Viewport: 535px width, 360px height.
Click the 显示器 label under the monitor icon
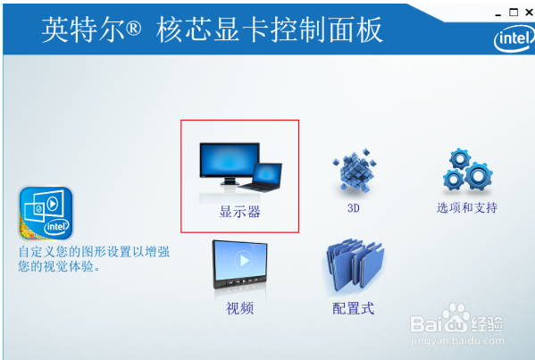[240, 212]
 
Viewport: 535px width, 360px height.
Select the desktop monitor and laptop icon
[240, 168]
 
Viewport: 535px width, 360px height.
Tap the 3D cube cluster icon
[355, 170]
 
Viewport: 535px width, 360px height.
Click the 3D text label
[354, 208]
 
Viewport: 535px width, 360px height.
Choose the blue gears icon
[467, 169]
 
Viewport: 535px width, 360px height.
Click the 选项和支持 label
[467, 207]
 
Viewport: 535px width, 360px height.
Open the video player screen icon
[240, 264]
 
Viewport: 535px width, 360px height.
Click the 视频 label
[240, 308]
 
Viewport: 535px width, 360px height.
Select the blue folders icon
[354, 265]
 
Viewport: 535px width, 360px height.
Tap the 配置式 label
[354, 308]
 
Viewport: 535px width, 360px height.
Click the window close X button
[530, 13]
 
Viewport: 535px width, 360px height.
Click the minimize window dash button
[498, 15]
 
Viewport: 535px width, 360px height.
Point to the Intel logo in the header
[514, 38]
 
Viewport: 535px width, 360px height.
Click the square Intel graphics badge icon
[46, 213]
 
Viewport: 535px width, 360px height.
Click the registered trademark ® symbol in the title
[133, 29]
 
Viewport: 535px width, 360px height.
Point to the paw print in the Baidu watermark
[456, 316]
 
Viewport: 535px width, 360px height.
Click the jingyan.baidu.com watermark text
[457, 340]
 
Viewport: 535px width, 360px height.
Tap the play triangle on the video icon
[244, 261]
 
